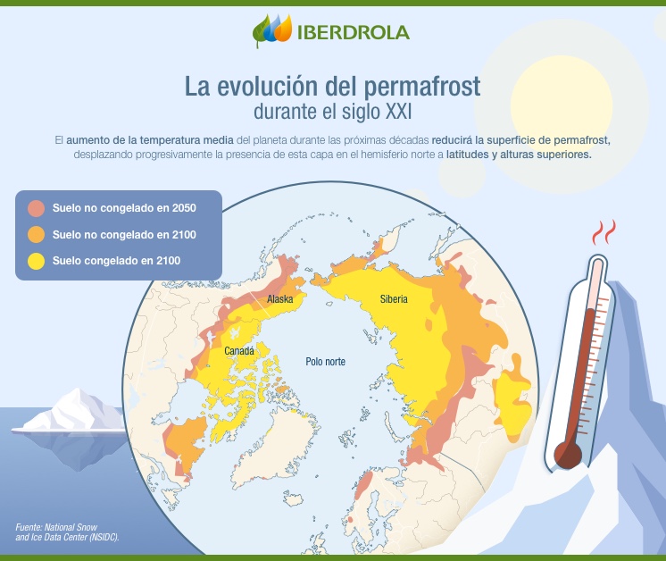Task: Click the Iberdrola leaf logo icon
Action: (271, 31)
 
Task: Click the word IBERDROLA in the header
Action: (354, 33)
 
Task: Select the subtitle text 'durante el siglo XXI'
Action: (332, 113)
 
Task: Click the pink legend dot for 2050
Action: (36, 208)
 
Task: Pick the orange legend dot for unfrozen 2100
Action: (36, 235)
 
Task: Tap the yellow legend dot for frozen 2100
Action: (36, 261)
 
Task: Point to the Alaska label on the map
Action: (280, 299)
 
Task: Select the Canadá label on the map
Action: (238, 351)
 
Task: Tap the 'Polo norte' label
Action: (325, 362)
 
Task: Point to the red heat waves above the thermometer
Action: (604, 234)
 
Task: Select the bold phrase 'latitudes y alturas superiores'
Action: (533, 155)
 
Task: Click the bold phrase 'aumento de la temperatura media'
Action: (152, 141)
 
